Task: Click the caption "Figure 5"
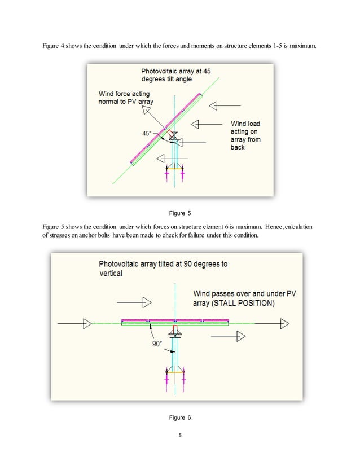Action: click(180, 213)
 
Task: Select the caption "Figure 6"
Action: click(180, 417)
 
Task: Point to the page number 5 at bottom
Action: click(180, 435)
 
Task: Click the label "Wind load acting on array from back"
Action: click(245, 135)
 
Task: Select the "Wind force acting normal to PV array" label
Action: click(126, 97)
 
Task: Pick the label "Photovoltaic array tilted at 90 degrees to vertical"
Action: click(163, 269)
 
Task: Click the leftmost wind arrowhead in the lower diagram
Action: click(87, 323)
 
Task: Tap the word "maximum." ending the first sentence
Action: click(301, 45)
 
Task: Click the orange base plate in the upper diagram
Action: click(174, 168)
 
